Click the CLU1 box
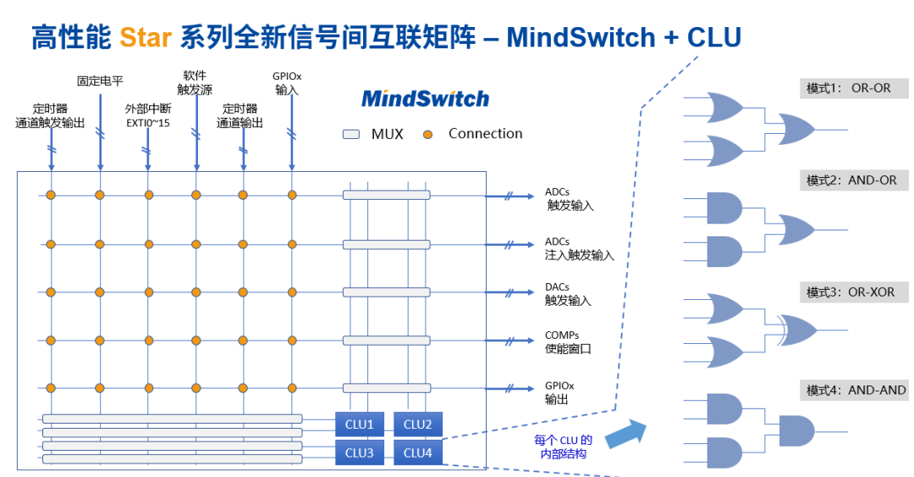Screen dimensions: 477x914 [359, 424]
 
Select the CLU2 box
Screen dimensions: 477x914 [417, 424]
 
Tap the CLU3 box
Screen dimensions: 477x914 [359, 453]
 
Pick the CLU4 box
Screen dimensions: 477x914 [417, 453]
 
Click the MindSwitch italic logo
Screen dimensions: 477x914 [425, 98]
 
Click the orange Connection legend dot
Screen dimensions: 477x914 [427, 134]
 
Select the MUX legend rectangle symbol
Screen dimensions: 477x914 [352, 134]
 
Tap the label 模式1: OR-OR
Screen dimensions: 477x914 [849, 88]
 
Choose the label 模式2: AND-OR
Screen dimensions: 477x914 [851, 180]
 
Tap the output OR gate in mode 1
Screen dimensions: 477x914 [796, 130]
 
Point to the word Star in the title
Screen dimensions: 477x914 [146, 37]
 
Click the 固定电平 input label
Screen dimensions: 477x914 [100, 81]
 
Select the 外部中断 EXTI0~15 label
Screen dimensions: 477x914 [148, 115]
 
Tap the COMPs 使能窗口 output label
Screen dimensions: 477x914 [568, 342]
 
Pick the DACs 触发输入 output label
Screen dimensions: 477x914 [568, 294]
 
